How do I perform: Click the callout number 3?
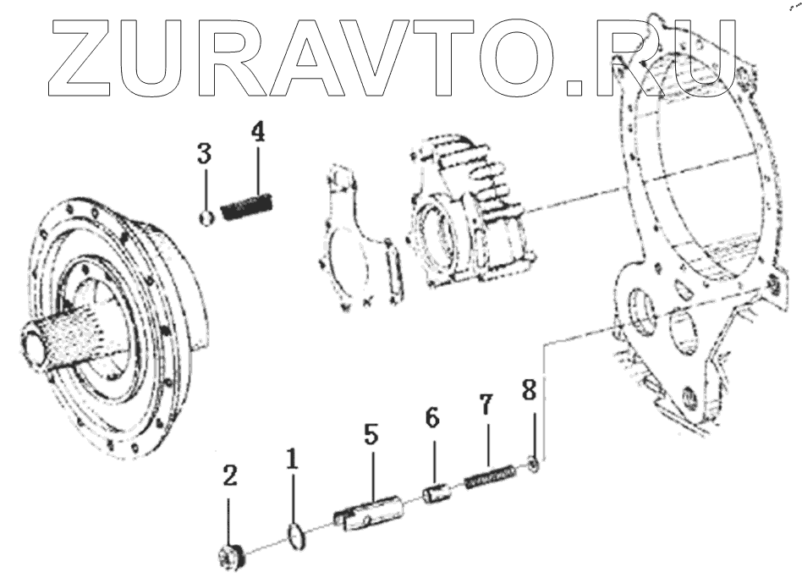[204, 155]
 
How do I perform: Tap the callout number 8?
[529, 392]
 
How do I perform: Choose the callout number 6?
[432, 421]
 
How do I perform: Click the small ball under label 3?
[204, 219]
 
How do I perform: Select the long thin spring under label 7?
[490, 480]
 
